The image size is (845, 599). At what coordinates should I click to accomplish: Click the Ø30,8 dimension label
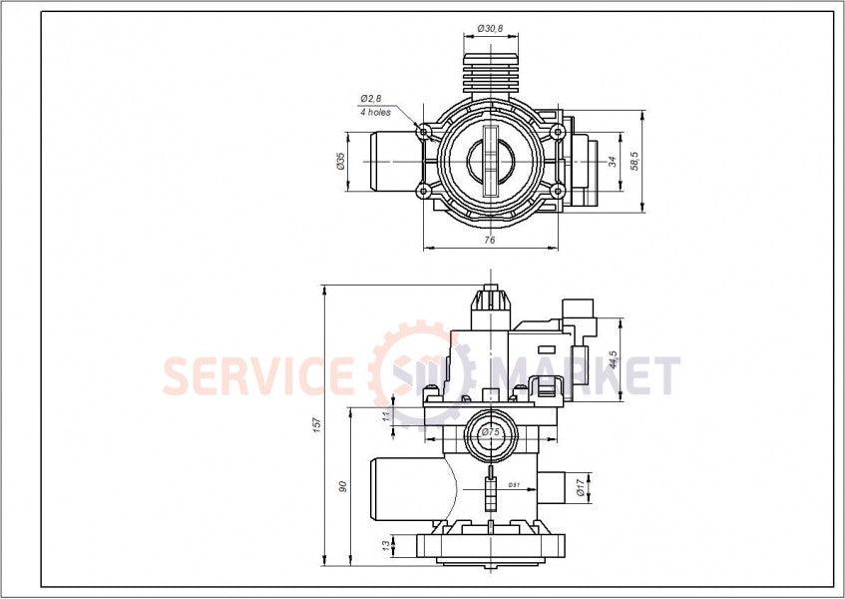[489, 29]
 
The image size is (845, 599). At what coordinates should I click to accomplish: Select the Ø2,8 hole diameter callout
[370, 99]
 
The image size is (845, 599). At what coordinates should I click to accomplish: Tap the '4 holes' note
[375, 112]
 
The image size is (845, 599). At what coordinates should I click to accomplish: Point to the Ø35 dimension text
[341, 162]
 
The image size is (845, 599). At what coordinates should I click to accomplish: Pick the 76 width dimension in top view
[489, 240]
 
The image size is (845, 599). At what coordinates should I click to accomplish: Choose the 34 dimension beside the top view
[613, 161]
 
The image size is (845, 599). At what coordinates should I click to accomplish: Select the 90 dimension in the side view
[342, 486]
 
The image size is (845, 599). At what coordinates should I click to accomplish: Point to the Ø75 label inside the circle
[489, 432]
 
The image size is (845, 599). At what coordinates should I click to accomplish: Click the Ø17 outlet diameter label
[579, 486]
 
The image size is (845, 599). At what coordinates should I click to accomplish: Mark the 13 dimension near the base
[386, 545]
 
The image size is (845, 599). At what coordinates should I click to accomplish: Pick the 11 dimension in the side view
[386, 416]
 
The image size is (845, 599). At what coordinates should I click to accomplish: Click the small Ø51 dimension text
[514, 485]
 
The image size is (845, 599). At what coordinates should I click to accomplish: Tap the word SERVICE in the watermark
[258, 376]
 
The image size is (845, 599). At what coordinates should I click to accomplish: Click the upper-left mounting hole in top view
[424, 131]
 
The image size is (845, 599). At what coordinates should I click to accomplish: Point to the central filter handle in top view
[489, 161]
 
